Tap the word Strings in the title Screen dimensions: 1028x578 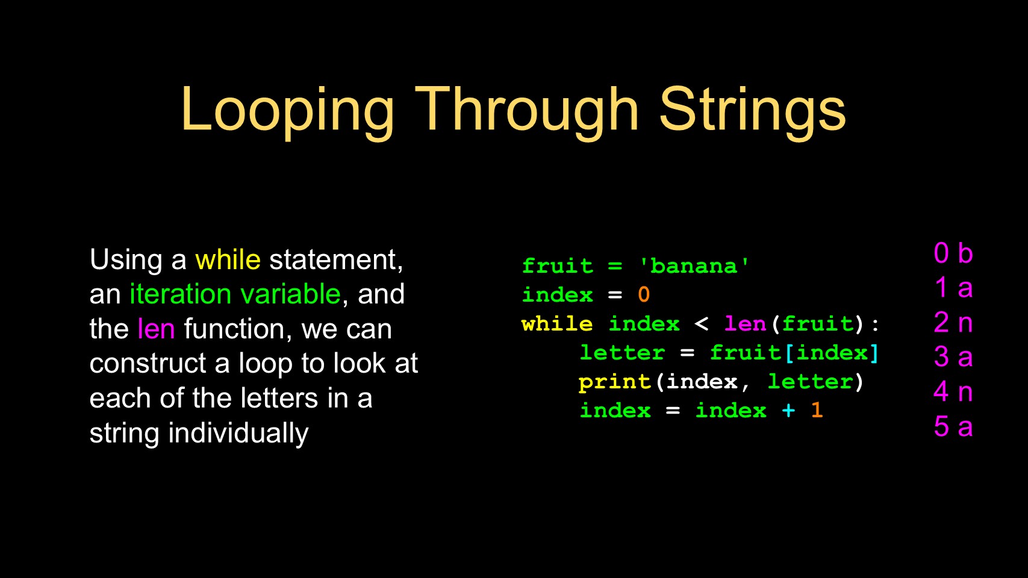click(753, 112)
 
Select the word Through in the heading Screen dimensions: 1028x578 click(527, 112)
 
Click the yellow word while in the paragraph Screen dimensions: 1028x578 click(228, 259)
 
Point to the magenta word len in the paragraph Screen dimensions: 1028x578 click(156, 329)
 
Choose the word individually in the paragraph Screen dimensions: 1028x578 click(238, 433)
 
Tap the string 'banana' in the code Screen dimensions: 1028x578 click(693, 266)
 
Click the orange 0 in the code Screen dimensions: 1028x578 click(644, 294)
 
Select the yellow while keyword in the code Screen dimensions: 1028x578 click(557, 324)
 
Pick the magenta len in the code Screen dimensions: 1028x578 click(746, 324)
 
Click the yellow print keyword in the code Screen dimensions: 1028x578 click(615, 382)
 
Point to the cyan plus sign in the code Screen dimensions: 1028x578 click(788, 411)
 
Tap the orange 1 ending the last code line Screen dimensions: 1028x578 click(817, 410)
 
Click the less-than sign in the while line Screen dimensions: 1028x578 click(701, 324)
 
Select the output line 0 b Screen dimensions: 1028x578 click(953, 253)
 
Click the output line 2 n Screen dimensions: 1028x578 click(953, 323)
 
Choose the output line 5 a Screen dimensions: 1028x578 click(953, 427)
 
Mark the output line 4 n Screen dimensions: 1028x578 click(953, 392)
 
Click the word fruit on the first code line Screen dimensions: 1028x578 click(557, 266)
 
